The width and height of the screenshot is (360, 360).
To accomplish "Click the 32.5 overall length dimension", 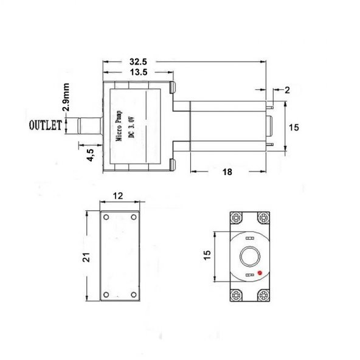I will point(139,62).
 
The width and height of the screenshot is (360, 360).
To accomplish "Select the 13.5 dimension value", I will point(139,73).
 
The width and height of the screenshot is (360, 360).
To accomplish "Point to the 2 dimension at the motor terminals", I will point(287,89).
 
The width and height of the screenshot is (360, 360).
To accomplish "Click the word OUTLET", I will point(46,126).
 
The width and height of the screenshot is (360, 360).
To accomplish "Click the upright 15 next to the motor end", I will point(294,128).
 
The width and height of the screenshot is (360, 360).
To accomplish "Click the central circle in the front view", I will point(248,257).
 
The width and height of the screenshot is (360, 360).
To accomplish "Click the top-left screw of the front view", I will point(235,218).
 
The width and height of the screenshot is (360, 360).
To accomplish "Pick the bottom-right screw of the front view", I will point(263,296).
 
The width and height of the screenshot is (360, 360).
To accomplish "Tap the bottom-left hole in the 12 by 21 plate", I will point(106,295).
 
